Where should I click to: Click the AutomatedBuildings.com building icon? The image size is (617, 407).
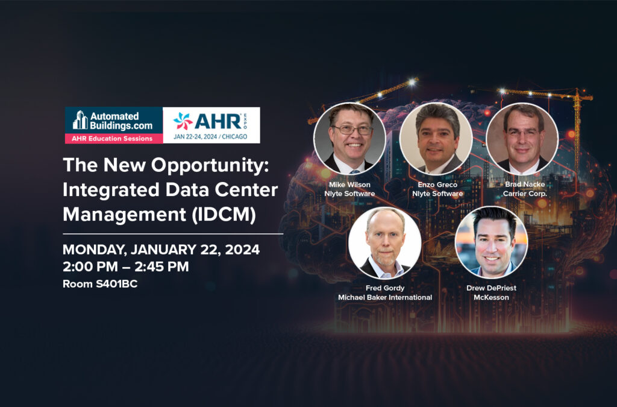click(x=80, y=119)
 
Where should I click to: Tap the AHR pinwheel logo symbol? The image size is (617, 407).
click(x=183, y=121)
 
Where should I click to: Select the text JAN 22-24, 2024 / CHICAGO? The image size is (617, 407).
click(x=210, y=137)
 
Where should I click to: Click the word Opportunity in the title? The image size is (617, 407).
click(x=210, y=165)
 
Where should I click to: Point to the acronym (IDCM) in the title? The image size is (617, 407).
click(x=224, y=214)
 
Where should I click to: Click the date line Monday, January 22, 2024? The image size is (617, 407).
click(x=161, y=250)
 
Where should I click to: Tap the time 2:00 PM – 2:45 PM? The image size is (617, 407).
click(x=126, y=267)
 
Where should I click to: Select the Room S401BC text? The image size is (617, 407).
click(x=100, y=284)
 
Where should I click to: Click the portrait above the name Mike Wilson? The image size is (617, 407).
click(x=349, y=139)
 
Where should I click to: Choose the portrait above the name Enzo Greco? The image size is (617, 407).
click(x=436, y=139)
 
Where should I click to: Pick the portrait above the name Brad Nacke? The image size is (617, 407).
click(x=522, y=139)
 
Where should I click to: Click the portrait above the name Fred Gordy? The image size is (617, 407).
click(x=385, y=243)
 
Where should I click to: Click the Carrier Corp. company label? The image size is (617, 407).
click(x=525, y=194)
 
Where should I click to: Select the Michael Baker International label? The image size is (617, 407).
click(x=385, y=298)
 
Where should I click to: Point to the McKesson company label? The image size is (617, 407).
click(x=491, y=298)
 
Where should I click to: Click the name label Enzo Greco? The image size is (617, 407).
click(x=437, y=185)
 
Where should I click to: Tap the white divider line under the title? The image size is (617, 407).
click(x=173, y=234)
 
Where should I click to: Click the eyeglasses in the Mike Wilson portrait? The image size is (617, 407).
click(x=352, y=130)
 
